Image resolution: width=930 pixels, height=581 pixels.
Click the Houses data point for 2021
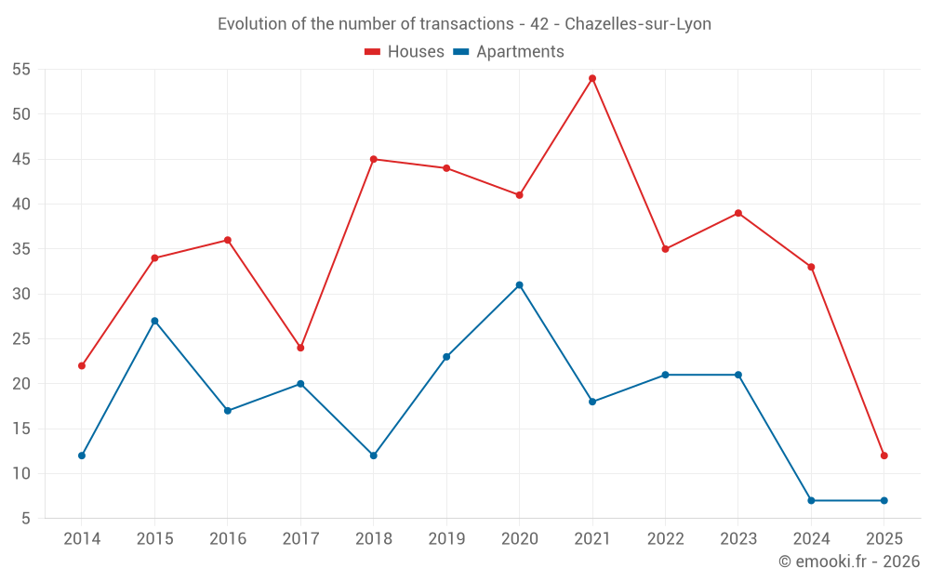tap(592, 78)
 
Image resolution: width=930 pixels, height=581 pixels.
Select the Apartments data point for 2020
tap(519, 284)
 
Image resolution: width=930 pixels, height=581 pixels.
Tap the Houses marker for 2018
tap(374, 159)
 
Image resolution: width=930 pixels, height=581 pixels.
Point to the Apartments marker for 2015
tap(154, 321)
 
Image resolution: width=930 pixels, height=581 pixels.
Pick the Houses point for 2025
tap(883, 456)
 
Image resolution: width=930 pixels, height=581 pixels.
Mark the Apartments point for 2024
tap(811, 500)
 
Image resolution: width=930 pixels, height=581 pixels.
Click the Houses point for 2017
tap(300, 348)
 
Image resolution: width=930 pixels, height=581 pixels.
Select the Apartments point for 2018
tap(374, 456)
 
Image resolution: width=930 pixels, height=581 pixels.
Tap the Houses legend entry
tap(405, 52)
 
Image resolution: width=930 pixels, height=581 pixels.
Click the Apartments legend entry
tap(509, 52)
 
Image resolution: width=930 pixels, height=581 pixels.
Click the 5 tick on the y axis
tap(27, 519)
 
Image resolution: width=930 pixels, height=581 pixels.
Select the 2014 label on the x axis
tap(82, 539)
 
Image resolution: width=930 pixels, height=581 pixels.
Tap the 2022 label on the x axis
tap(665, 539)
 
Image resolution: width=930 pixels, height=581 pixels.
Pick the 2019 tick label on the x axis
tap(446, 539)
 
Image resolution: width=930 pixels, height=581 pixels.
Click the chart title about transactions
tap(464, 24)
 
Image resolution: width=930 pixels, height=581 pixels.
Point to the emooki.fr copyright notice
tap(849, 561)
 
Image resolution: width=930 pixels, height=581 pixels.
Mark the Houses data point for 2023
tap(738, 213)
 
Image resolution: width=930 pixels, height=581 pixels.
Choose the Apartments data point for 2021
tap(592, 402)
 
